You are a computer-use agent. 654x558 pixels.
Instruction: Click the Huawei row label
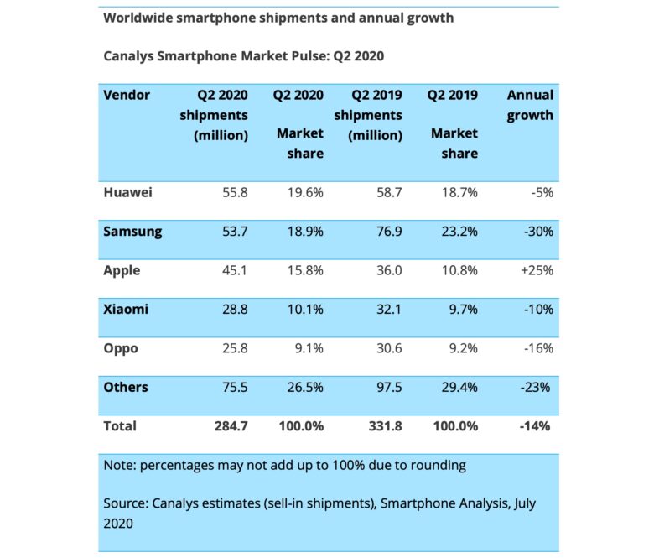[127, 192]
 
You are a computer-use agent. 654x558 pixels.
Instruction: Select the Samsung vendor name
[132, 231]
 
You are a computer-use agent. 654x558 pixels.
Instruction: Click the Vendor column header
[127, 95]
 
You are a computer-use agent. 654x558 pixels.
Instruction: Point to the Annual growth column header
[530, 105]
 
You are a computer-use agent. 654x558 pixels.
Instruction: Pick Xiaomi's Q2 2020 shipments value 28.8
[233, 309]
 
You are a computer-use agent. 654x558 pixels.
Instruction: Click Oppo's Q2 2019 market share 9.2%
[459, 347]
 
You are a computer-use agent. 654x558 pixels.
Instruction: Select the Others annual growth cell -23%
[536, 387]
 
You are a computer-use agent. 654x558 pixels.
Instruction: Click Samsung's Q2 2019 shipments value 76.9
[387, 231]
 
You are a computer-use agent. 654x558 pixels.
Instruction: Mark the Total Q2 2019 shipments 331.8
[384, 425]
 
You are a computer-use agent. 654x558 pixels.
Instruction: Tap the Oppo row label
[121, 347]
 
